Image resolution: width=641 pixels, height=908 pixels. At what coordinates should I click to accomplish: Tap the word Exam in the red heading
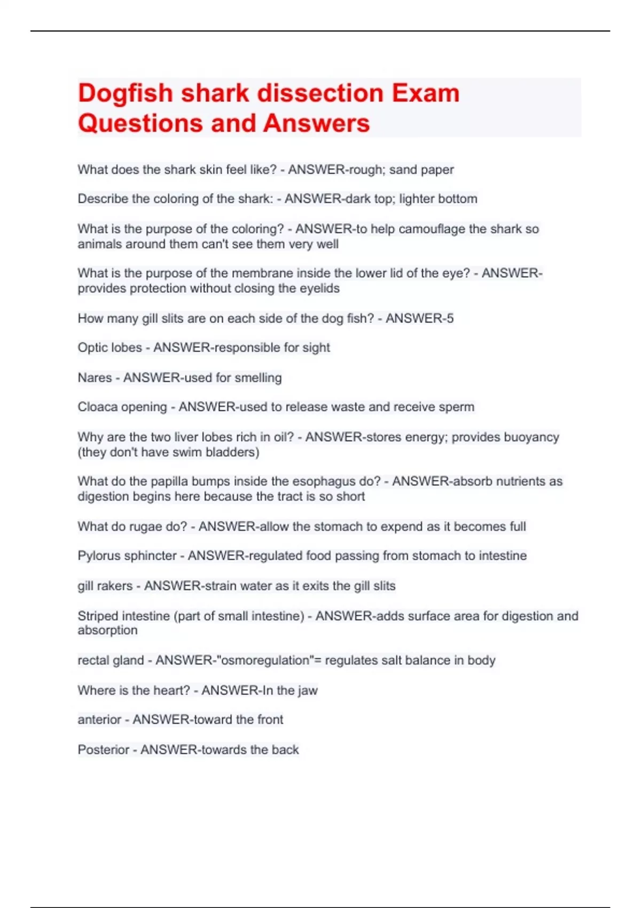425,93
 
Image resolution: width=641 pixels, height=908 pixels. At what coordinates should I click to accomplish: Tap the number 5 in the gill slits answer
450,319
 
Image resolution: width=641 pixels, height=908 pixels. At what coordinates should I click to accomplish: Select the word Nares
95,378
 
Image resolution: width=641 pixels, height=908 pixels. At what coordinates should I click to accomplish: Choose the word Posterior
103,750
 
